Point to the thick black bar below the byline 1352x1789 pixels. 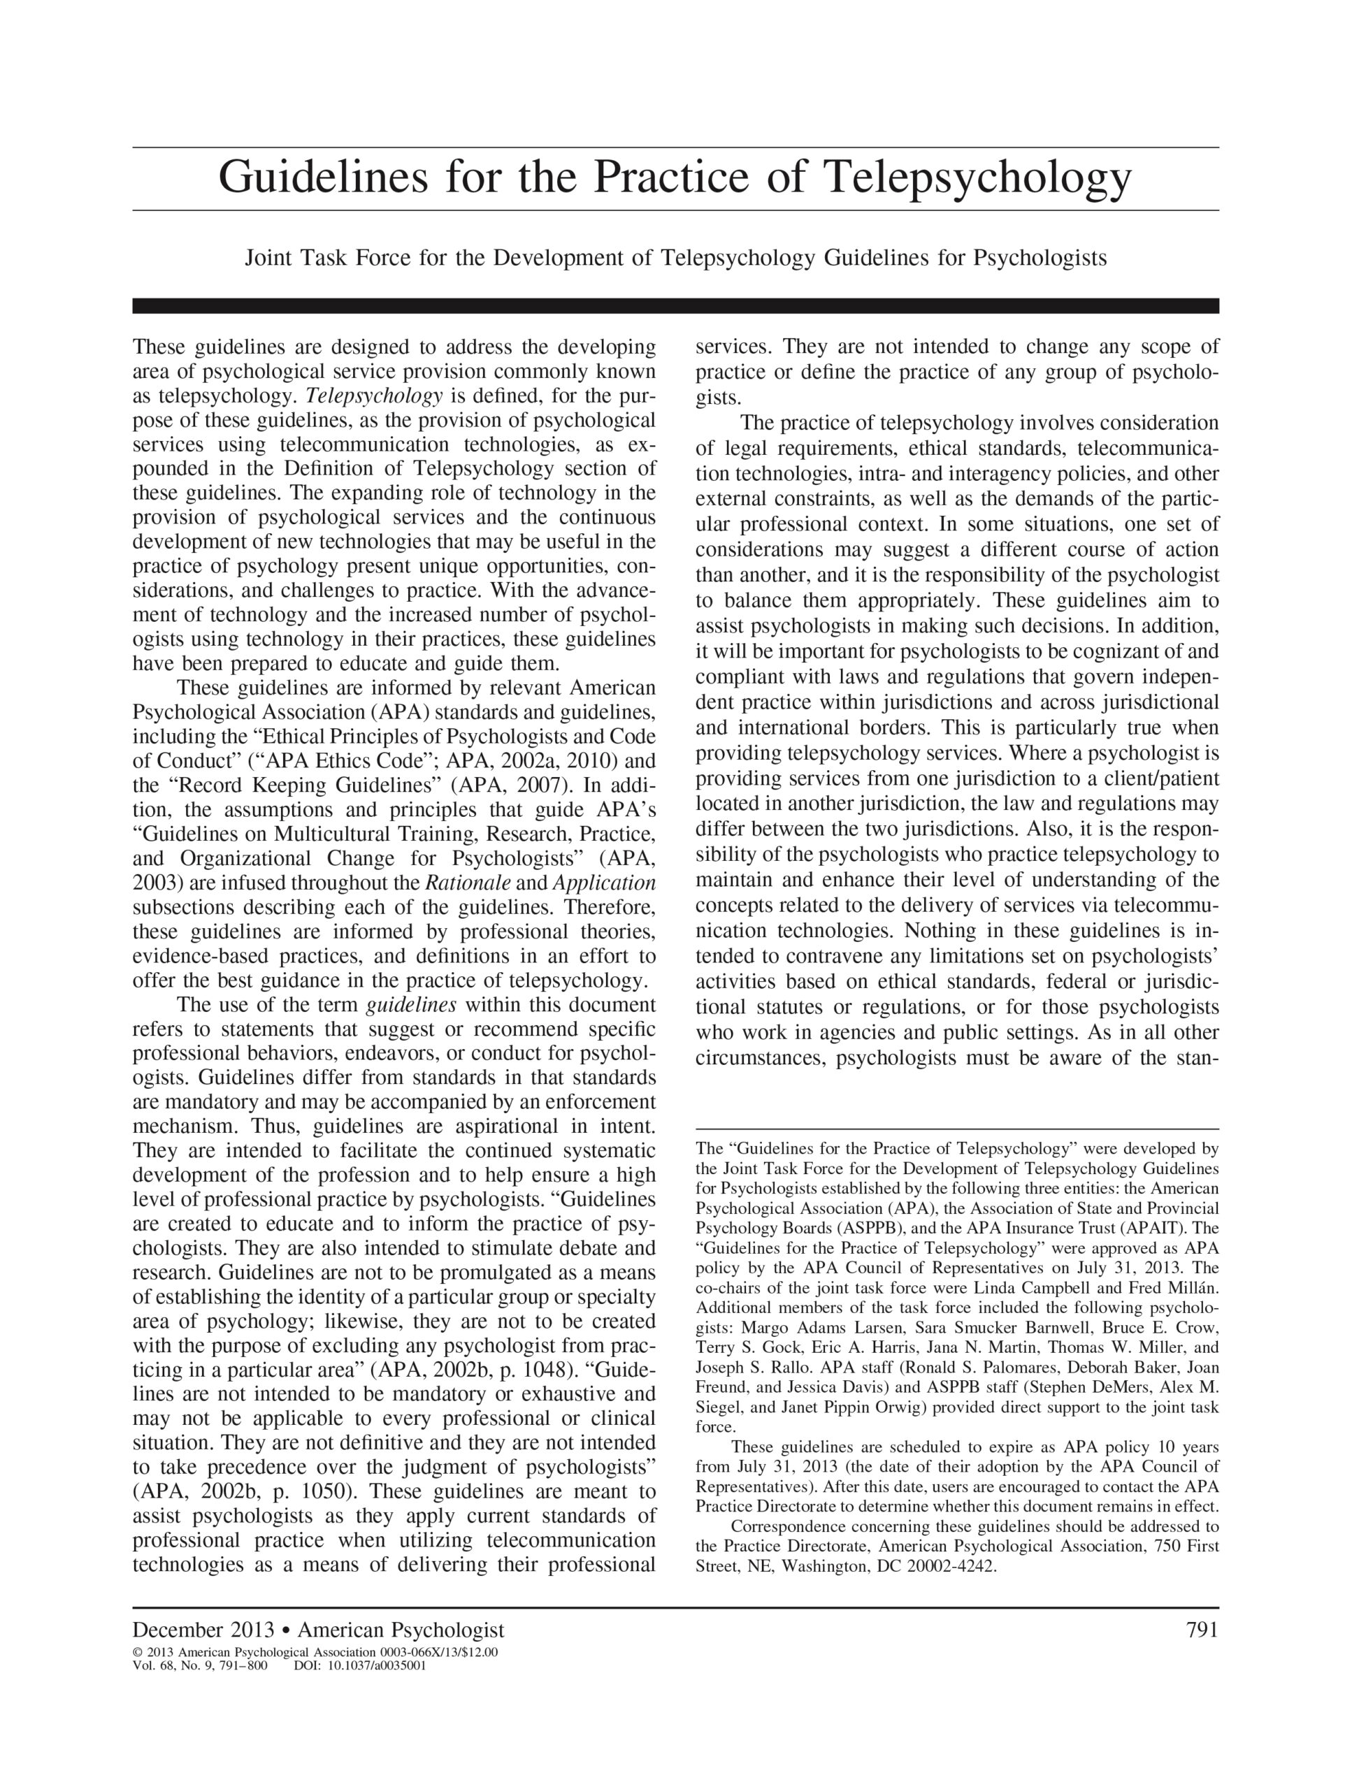pos(675,305)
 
